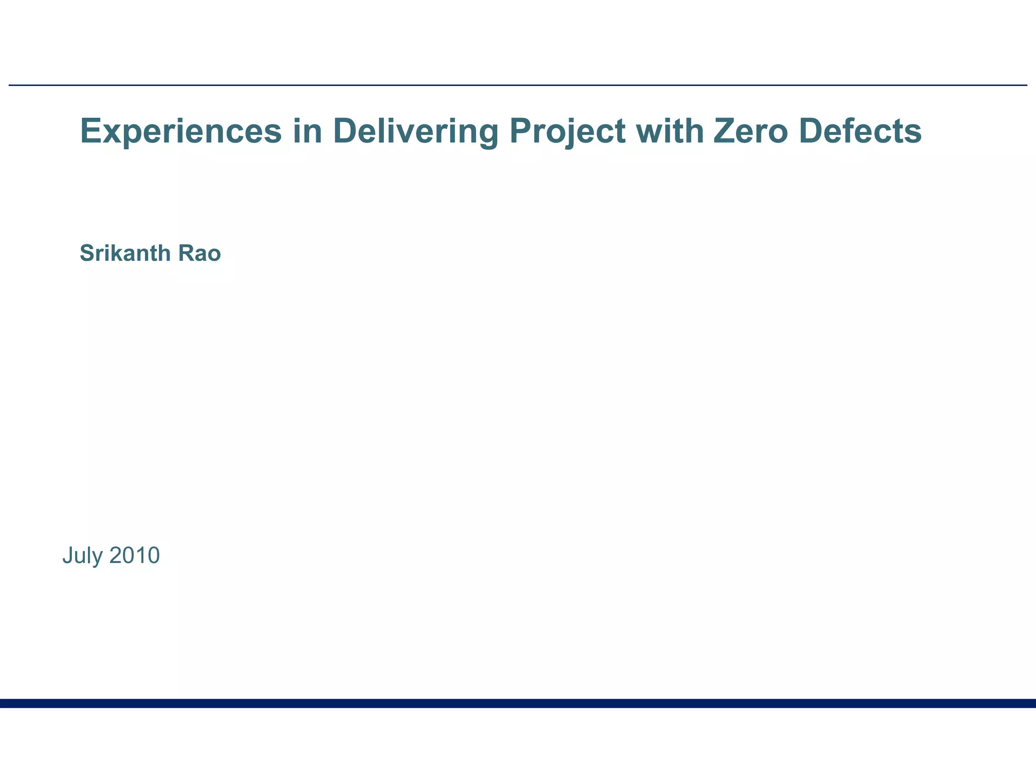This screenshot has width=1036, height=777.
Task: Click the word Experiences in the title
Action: (181, 131)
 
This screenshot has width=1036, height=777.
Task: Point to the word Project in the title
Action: (567, 131)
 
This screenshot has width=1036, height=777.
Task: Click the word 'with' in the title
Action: (670, 131)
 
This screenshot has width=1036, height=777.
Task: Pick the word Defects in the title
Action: (860, 131)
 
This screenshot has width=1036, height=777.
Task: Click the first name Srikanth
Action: (126, 253)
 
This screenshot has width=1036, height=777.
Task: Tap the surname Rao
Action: (199, 253)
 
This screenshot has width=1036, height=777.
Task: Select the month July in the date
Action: (82, 556)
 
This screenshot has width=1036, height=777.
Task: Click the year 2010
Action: (135, 555)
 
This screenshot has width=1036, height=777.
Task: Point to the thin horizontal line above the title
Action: (518, 85)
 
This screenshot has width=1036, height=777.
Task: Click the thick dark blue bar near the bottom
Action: (518, 703)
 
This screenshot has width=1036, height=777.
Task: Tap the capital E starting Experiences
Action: (91, 131)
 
